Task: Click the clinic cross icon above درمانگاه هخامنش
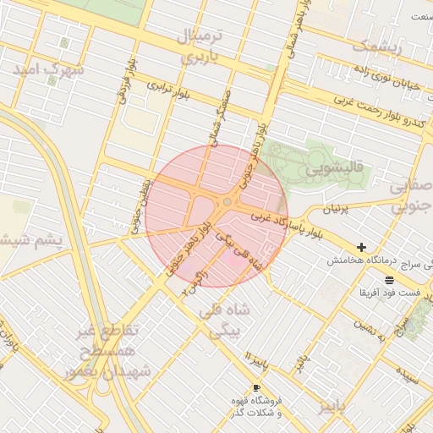coord(362,248)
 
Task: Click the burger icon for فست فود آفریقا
coord(388,280)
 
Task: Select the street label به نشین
coord(370,323)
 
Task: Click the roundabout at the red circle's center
coord(227,202)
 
